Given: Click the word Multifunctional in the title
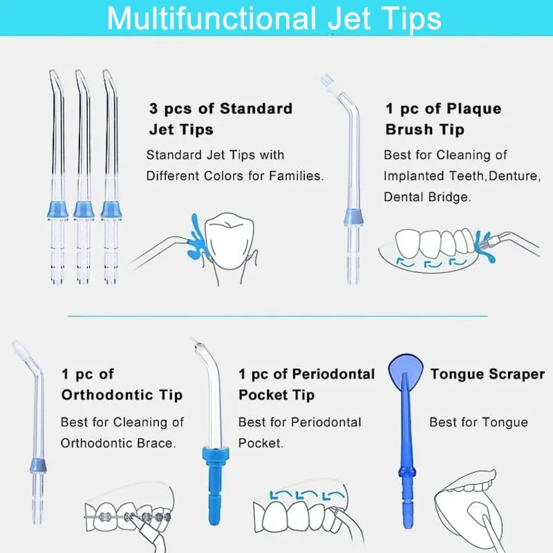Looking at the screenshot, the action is (212, 18).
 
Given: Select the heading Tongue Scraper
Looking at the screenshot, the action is (487, 374).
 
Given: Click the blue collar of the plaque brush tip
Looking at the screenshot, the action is (354, 217).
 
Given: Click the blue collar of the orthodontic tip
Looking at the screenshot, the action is (38, 465).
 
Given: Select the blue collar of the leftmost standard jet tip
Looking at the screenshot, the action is (58, 209).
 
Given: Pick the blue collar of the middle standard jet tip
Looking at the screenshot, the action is (84, 209).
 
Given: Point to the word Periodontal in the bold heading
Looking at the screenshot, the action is (333, 374).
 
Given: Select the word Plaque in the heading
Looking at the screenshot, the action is (474, 109).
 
